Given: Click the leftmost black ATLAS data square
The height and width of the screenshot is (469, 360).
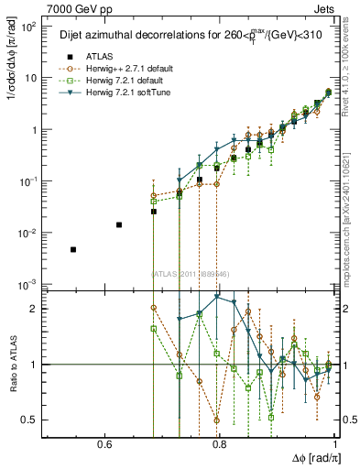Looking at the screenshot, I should [73, 249].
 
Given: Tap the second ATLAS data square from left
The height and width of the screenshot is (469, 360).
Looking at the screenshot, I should [118, 224].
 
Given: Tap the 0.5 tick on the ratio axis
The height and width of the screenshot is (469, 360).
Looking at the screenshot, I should [33, 420].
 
